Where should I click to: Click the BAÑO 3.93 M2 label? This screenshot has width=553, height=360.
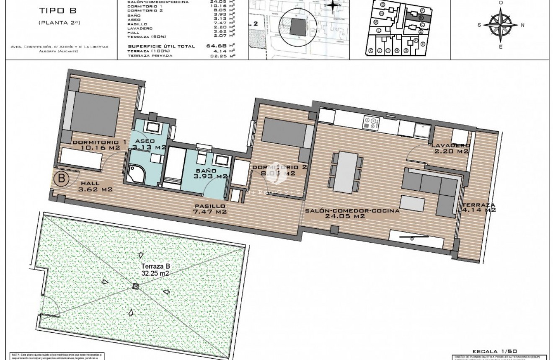point(209,174)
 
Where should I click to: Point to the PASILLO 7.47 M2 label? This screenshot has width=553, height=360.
point(209,209)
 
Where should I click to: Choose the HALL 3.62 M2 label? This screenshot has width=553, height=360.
point(95,186)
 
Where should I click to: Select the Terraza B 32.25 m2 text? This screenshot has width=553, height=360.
point(143,269)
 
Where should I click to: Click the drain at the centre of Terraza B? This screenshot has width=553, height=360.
point(135,286)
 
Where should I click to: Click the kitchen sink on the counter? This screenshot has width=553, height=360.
point(422,128)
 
